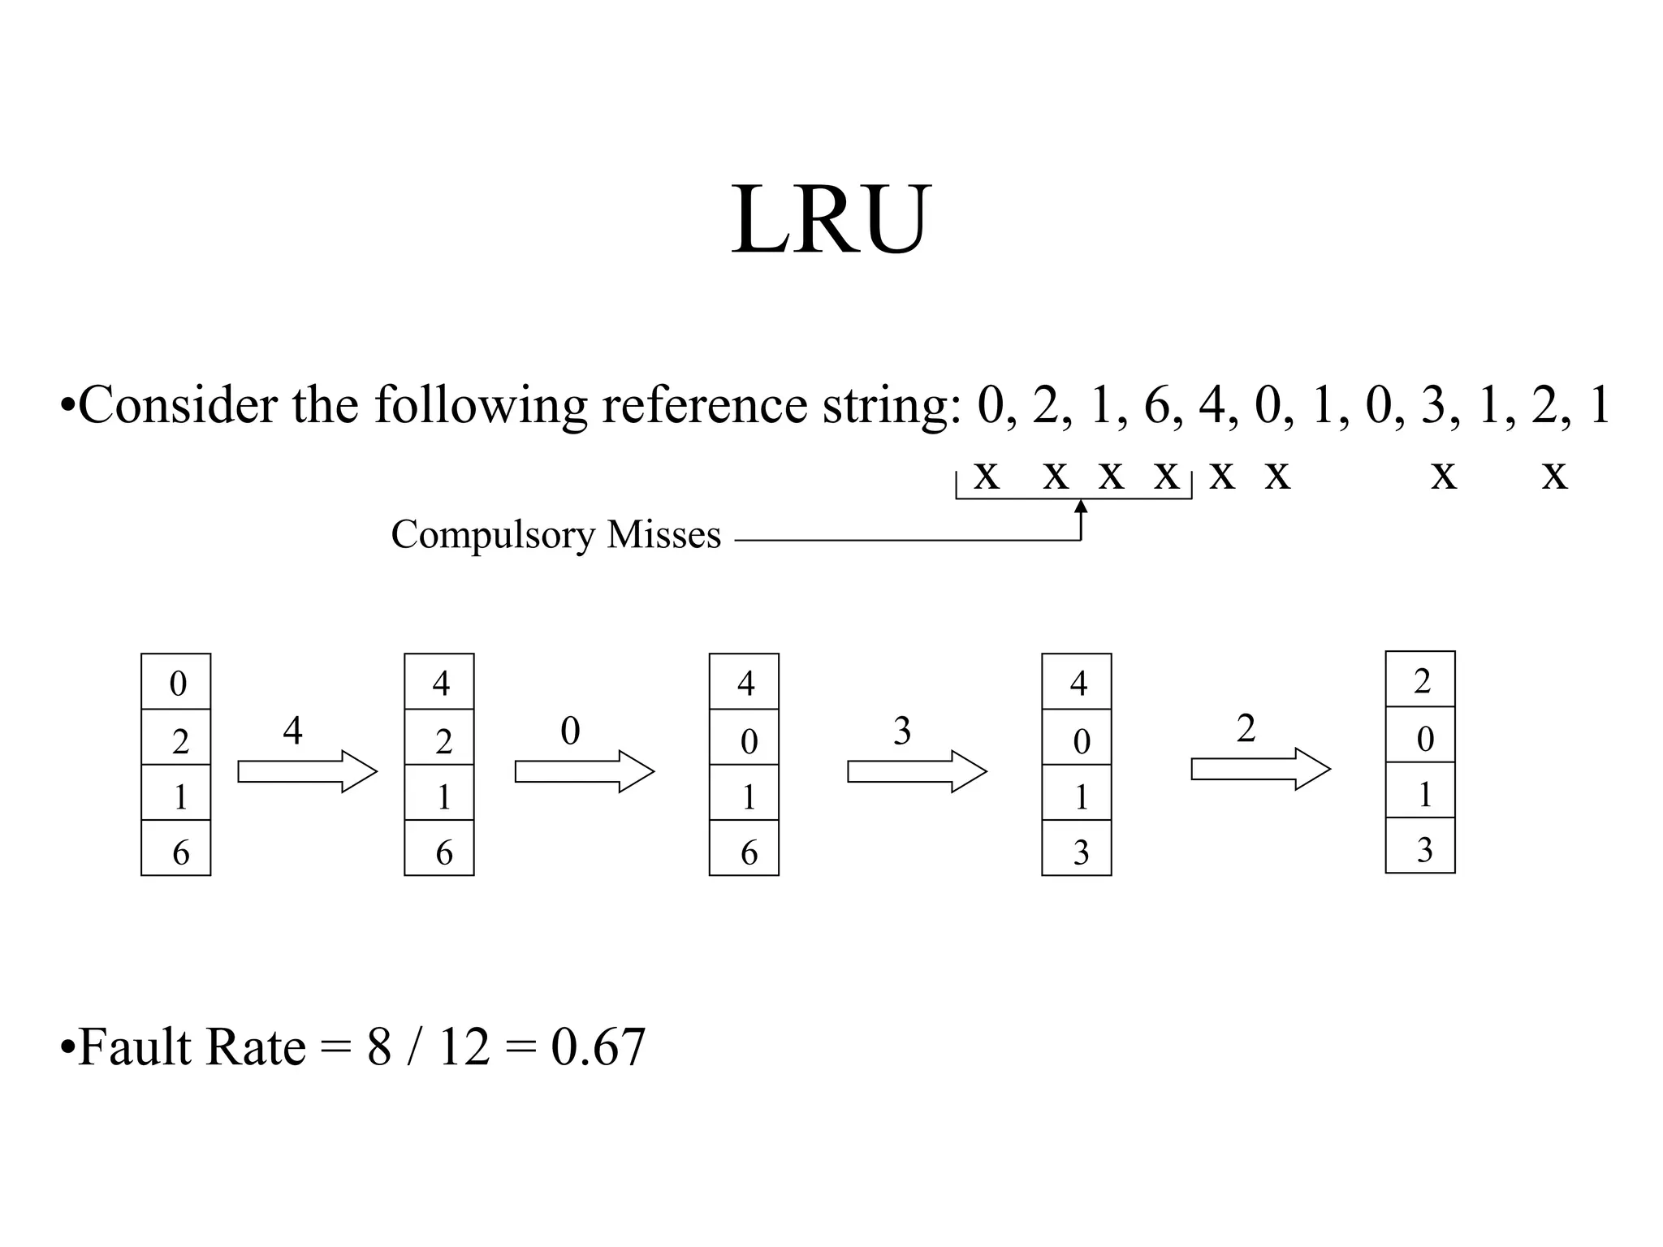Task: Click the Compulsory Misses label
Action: tap(555, 535)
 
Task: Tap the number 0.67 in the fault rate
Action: tap(598, 1047)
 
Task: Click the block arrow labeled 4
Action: tap(307, 771)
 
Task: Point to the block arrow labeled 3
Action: tap(917, 771)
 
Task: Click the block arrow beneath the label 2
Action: tap(1260, 769)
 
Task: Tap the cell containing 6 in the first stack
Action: tap(176, 848)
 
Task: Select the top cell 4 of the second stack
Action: tap(439, 682)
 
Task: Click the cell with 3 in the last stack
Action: tap(1420, 846)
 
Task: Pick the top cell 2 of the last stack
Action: tap(1420, 680)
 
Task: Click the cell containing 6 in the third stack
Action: tap(744, 848)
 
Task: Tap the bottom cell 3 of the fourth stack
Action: tap(1077, 848)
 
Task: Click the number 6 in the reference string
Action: tap(1156, 406)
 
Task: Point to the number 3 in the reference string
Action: tap(1434, 406)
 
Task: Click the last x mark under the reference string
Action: tap(1554, 474)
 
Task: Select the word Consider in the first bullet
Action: tap(178, 406)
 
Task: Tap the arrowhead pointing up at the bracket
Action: tap(1081, 507)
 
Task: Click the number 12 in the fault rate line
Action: tap(464, 1047)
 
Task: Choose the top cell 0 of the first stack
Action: tap(176, 682)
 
